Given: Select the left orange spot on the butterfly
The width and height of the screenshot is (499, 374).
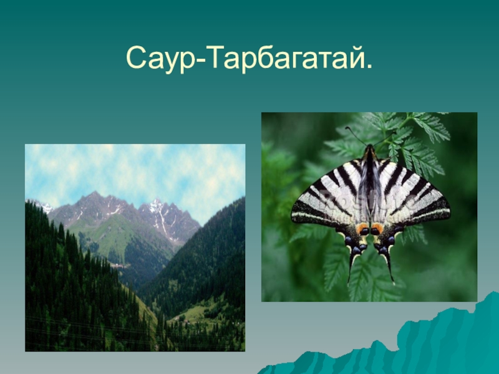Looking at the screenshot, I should pyautogui.click(x=362, y=229).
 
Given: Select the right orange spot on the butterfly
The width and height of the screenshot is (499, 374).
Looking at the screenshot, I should pyautogui.click(x=377, y=229).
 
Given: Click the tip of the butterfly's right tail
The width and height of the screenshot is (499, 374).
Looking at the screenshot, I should pyautogui.click(x=394, y=282).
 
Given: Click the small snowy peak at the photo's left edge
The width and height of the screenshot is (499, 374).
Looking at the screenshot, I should pyautogui.click(x=44, y=204).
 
